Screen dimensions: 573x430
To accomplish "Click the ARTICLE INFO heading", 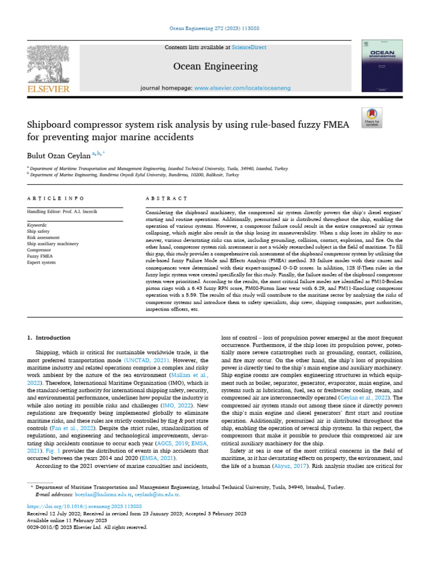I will (x=56, y=198).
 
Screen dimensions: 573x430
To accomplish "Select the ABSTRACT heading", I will (x=166, y=198).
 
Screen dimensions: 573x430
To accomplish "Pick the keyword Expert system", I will (x=41, y=262).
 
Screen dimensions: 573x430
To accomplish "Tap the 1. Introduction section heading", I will (x=49, y=338).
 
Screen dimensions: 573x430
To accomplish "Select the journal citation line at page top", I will (x=214, y=28).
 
